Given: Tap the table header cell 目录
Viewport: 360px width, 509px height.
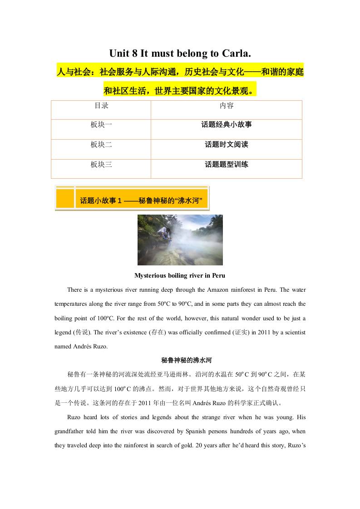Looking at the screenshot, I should [x=101, y=106].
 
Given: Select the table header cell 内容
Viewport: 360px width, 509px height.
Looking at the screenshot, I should [x=226, y=106].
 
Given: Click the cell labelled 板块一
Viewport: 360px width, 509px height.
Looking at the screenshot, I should [x=101, y=124].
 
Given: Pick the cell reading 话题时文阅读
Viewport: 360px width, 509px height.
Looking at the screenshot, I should [x=226, y=145].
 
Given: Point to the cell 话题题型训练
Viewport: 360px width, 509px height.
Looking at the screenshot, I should [x=226, y=164].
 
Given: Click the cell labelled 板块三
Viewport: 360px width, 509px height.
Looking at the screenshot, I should [x=101, y=164].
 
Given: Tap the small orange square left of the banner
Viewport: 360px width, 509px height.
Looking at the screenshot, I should [x=65, y=198].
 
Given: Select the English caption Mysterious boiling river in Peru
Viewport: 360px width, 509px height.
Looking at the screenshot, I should [x=180, y=275].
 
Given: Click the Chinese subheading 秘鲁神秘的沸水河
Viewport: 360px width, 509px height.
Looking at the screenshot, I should [x=180, y=360].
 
